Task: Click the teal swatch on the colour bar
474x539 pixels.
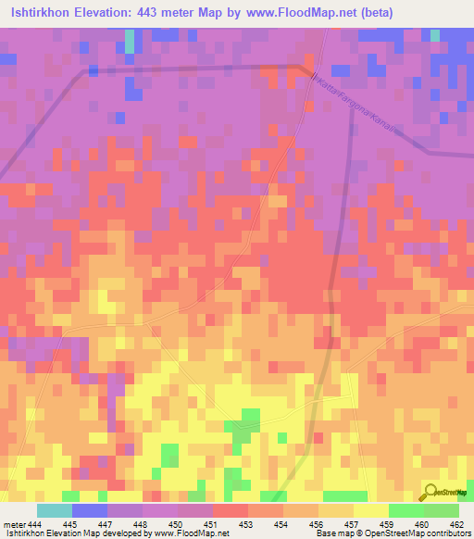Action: [x=55, y=510]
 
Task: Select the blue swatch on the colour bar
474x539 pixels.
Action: [x=90, y=510]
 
